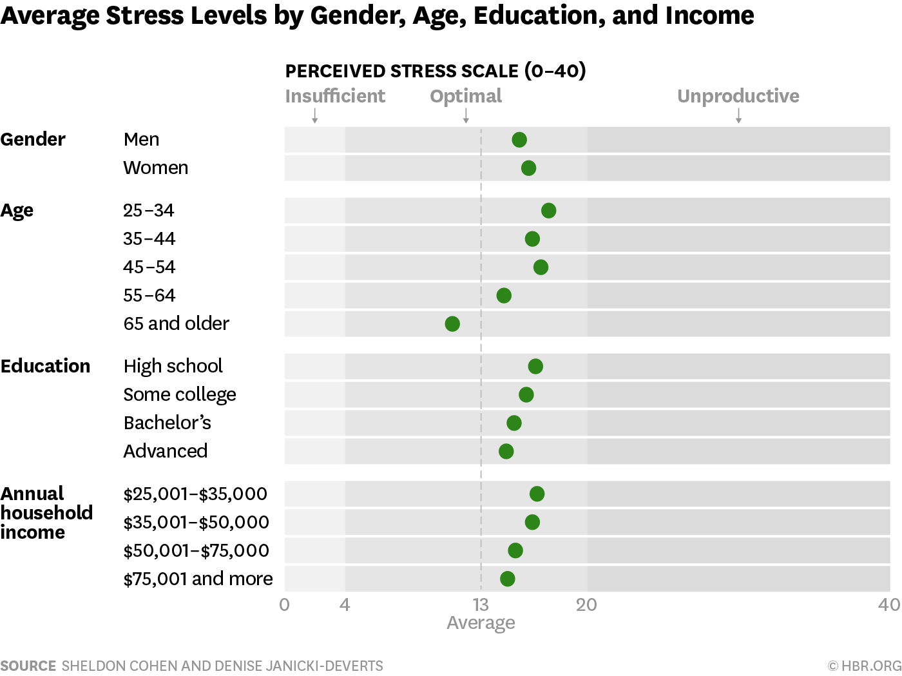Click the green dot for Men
click(x=519, y=140)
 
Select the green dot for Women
click(x=528, y=168)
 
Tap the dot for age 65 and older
click(x=452, y=324)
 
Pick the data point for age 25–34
click(x=548, y=211)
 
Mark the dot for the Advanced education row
click(x=506, y=451)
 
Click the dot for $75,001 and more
click(x=508, y=579)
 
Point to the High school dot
click(x=535, y=367)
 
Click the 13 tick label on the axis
click(x=481, y=605)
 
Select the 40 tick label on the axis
click(x=889, y=605)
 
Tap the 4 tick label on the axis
click(x=345, y=605)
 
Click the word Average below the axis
click(x=481, y=623)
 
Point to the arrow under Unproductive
click(x=738, y=116)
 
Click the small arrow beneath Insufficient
click(x=315, y=116)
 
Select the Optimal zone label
click(x=466, y=96)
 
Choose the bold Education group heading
click(x=46, y=366)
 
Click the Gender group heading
click(x=33, y=139)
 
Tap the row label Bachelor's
click(x=168, y=423)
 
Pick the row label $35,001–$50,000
click(x=196, y=522)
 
